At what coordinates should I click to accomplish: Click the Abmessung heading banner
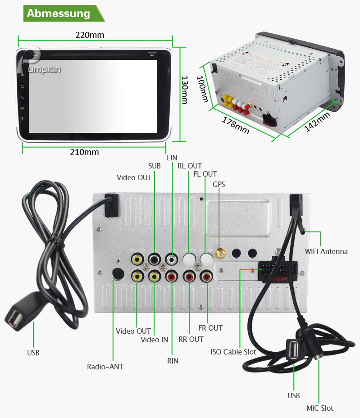click(59, 13)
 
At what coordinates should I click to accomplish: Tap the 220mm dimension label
click(90, 35)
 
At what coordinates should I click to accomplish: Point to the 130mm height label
click(184, 90)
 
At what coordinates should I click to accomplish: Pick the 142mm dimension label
click(317, 122)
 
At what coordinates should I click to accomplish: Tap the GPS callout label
click(219, 184)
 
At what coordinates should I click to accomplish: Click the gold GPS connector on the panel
click(220, 254)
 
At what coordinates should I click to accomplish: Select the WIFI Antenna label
click(326, 251)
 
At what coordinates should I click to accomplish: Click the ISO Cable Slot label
click(233, 352)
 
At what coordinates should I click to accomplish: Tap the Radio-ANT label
click(105, 367)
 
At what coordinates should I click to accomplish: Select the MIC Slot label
click(320, 408)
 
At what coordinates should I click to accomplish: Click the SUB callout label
click(154, 166)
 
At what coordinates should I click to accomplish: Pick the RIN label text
click(173, 361)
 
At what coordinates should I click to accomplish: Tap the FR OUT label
click(210, 328)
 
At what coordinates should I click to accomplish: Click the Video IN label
click(154, 340)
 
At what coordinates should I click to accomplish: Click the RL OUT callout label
click(190, 166)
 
